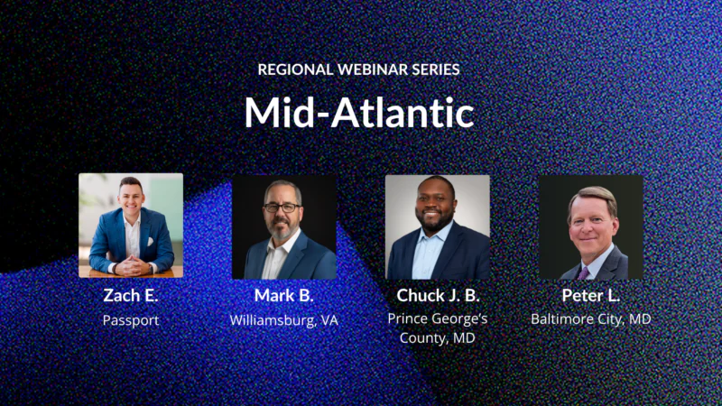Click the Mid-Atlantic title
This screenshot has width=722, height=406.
pyautogui.click(x=359, y=113)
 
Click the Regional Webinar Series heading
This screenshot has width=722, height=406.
pyautogui.click(x=360, y=69)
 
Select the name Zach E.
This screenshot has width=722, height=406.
pyautogui.click(x=131, y=296)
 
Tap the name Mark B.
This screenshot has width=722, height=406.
pyautogui.click(x=283, y=296)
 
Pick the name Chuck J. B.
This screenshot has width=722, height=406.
pyautogui.click(x=437, y=296)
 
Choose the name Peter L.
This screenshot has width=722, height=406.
pyautogui.click(x=590, y=296)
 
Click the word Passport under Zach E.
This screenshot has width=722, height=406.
pyautogui.click(x=131, y=319)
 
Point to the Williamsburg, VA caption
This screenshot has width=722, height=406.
pyautogui.click(x=283, y=319)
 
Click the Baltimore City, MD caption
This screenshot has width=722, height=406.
pyautogui.click(x=590, y=318)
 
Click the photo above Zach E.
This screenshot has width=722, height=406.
pyautogui.click(x=131, y=226)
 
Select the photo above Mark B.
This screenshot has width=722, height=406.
pyautogui.click(x=283, y=226)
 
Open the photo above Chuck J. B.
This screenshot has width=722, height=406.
pyautogui.click(x=437, y=226)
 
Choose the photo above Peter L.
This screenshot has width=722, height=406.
pyautogui.click(x=590, y=226)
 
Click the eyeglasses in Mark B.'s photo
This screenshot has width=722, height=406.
pyautogui.click(x=282, y=208)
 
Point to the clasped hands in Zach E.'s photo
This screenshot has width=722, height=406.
pyautogui.click(x=132, y=265)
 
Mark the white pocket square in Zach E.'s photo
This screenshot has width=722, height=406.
pyautogui.click(x=152, y=242)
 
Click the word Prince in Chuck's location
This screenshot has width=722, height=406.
pyautogui.click(x=407, y=318)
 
